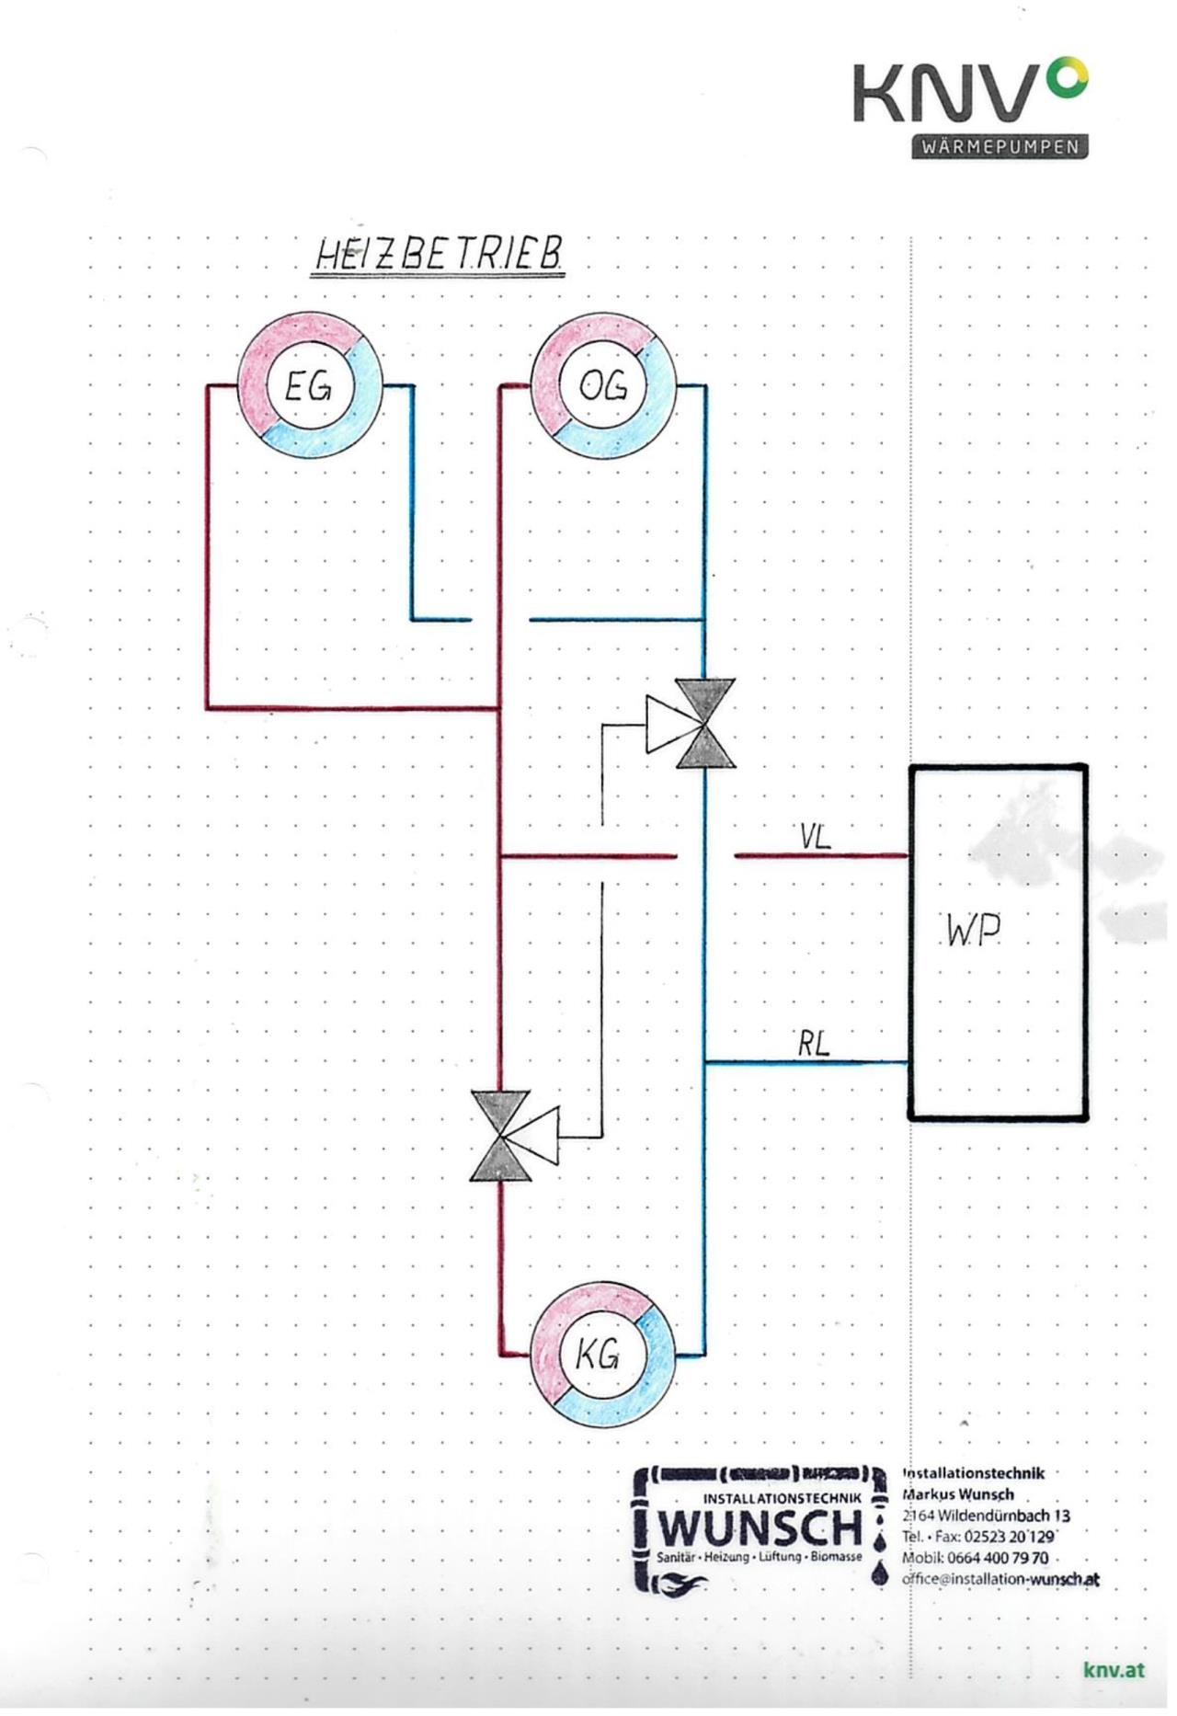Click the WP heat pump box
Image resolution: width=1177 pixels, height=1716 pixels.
click(999, 942)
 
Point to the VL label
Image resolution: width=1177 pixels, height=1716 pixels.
click(815, 837)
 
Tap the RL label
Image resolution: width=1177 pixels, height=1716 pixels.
click(813, 1044)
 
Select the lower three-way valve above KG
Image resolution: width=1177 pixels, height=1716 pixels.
click(501, 1136)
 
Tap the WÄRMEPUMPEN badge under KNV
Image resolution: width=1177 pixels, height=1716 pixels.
click(1000, 148)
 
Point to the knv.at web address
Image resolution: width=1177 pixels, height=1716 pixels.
click(1114, 1670)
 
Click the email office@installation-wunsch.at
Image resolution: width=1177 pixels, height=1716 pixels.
click(1000, 1579)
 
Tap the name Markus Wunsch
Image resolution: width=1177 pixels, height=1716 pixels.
click(958, 1494)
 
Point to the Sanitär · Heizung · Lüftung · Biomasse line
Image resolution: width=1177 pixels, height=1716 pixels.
click(760, 1557)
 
